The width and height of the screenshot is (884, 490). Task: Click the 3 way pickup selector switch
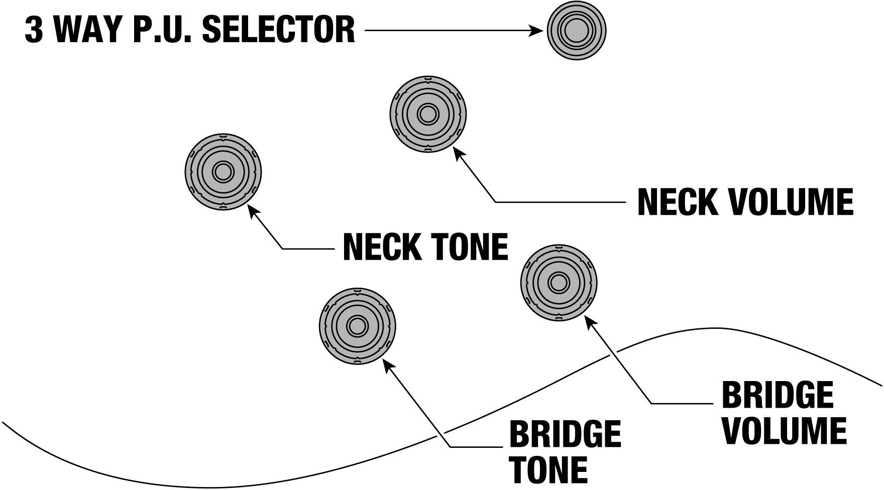577,31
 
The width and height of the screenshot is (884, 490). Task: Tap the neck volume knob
428,114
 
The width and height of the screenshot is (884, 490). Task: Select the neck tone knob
223,172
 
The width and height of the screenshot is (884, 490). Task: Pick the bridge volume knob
559,283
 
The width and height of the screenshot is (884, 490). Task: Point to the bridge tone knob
357,326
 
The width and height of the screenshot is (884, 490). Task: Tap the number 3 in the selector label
34,30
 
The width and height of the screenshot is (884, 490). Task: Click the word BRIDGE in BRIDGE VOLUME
778,395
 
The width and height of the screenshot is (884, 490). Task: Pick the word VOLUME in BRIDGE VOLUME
785,431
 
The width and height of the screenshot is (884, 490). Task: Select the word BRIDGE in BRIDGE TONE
566,434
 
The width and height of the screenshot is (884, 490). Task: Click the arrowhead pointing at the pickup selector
537,31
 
